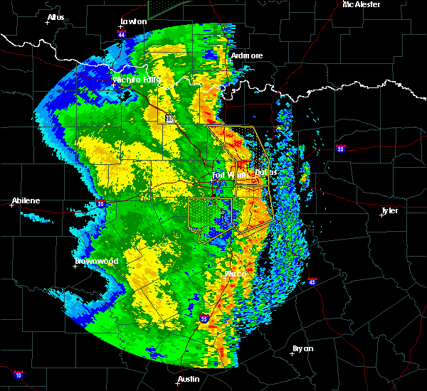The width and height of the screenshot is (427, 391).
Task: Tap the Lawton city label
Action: pos(133,21)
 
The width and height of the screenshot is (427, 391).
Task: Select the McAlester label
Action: pos(361,4)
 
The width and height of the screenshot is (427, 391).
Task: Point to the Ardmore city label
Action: pos(247,55)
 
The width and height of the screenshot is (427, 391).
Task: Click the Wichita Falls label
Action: pos(136,80)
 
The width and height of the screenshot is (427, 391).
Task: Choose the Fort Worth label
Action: pos(229,174)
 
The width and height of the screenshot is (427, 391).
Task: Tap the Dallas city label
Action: pos(266,172)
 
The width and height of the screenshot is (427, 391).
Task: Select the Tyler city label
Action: pos(389,210)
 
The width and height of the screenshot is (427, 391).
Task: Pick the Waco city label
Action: pos(235,274)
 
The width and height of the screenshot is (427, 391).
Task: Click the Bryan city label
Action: pos(302,348)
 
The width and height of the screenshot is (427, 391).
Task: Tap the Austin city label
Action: pos(189,379)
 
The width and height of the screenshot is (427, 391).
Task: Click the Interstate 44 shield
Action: pos(122,33)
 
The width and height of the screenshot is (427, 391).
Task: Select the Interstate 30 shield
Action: pos(340,149)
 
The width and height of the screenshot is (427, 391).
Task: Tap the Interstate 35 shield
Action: pos(205,320)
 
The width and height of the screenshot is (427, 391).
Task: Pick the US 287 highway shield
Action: pos(169,119)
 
